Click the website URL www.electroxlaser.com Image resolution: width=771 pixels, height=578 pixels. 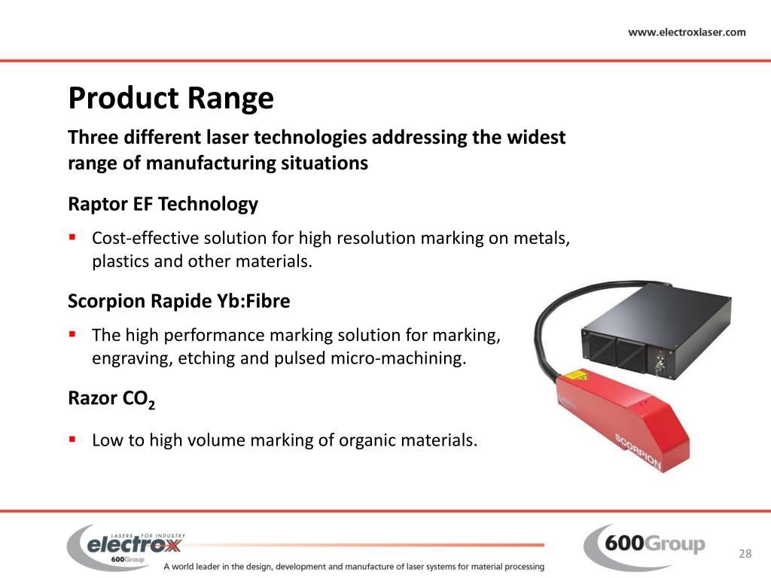click(687, 32)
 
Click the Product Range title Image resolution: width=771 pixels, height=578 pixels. click(171, 99)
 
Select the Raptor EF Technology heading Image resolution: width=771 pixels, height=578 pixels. click(163, 204)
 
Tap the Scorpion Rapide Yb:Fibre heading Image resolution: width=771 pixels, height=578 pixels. click(178, 301)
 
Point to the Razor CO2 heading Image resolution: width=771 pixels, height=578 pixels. click(111, 400)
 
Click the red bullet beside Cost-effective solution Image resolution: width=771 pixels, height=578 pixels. click(72, 236)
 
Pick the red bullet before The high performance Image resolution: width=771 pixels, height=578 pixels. click(72, 333)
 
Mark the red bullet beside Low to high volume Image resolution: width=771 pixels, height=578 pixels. click(72, 438)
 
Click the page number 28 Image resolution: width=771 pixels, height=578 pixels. click(745, 554)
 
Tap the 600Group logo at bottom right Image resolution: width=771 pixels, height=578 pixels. click(645, 545)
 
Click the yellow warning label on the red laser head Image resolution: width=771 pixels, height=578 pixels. click(574, 374)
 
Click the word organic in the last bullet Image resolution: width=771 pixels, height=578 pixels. click(361, 440)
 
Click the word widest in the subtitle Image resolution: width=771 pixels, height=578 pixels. click(537, 138)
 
